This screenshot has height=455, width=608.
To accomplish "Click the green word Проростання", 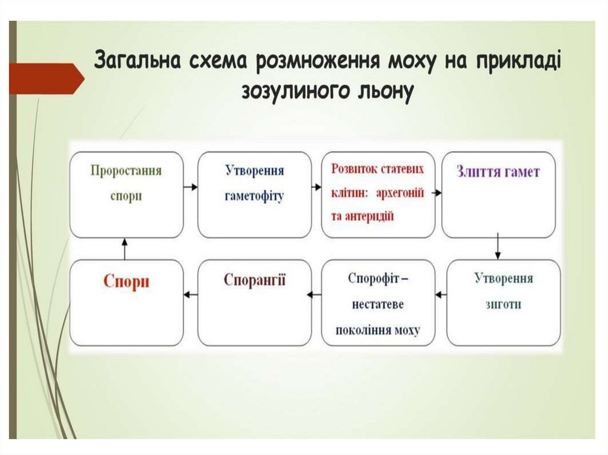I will (126, 171).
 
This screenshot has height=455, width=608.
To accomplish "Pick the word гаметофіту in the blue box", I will (254, 196).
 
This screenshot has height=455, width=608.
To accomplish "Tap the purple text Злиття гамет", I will (498, 172).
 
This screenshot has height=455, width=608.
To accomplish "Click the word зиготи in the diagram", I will (503, 304).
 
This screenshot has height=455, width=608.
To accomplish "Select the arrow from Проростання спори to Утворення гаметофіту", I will (190, 187).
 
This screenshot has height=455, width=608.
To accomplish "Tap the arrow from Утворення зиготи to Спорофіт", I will (441, 294).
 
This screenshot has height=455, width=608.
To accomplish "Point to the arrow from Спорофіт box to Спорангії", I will (315, 294).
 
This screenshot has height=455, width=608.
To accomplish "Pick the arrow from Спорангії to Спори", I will (190, 294).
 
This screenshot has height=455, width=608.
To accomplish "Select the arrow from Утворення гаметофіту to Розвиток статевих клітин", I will (317, 187).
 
